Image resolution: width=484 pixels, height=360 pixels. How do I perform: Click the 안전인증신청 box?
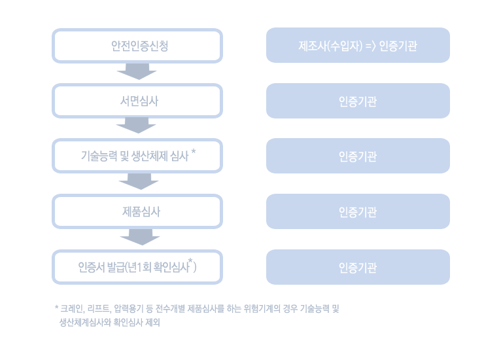(137, 46)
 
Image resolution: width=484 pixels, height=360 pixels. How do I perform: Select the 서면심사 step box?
(137, 101)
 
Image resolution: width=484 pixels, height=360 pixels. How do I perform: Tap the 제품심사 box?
(137, 211)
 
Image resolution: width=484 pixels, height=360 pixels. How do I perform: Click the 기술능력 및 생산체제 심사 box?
(137, 156)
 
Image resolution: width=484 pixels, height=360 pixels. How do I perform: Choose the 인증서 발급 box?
(137, 267)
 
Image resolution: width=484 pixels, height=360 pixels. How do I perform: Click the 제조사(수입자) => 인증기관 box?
(358, 46)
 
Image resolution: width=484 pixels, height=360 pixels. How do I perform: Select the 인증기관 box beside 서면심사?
(358, 101)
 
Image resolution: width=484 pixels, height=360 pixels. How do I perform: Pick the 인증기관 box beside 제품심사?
(358, 211)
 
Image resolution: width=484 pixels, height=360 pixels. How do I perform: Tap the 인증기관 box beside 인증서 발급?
(358, 267)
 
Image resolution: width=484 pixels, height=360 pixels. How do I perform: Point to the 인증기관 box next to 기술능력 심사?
(358, 156)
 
